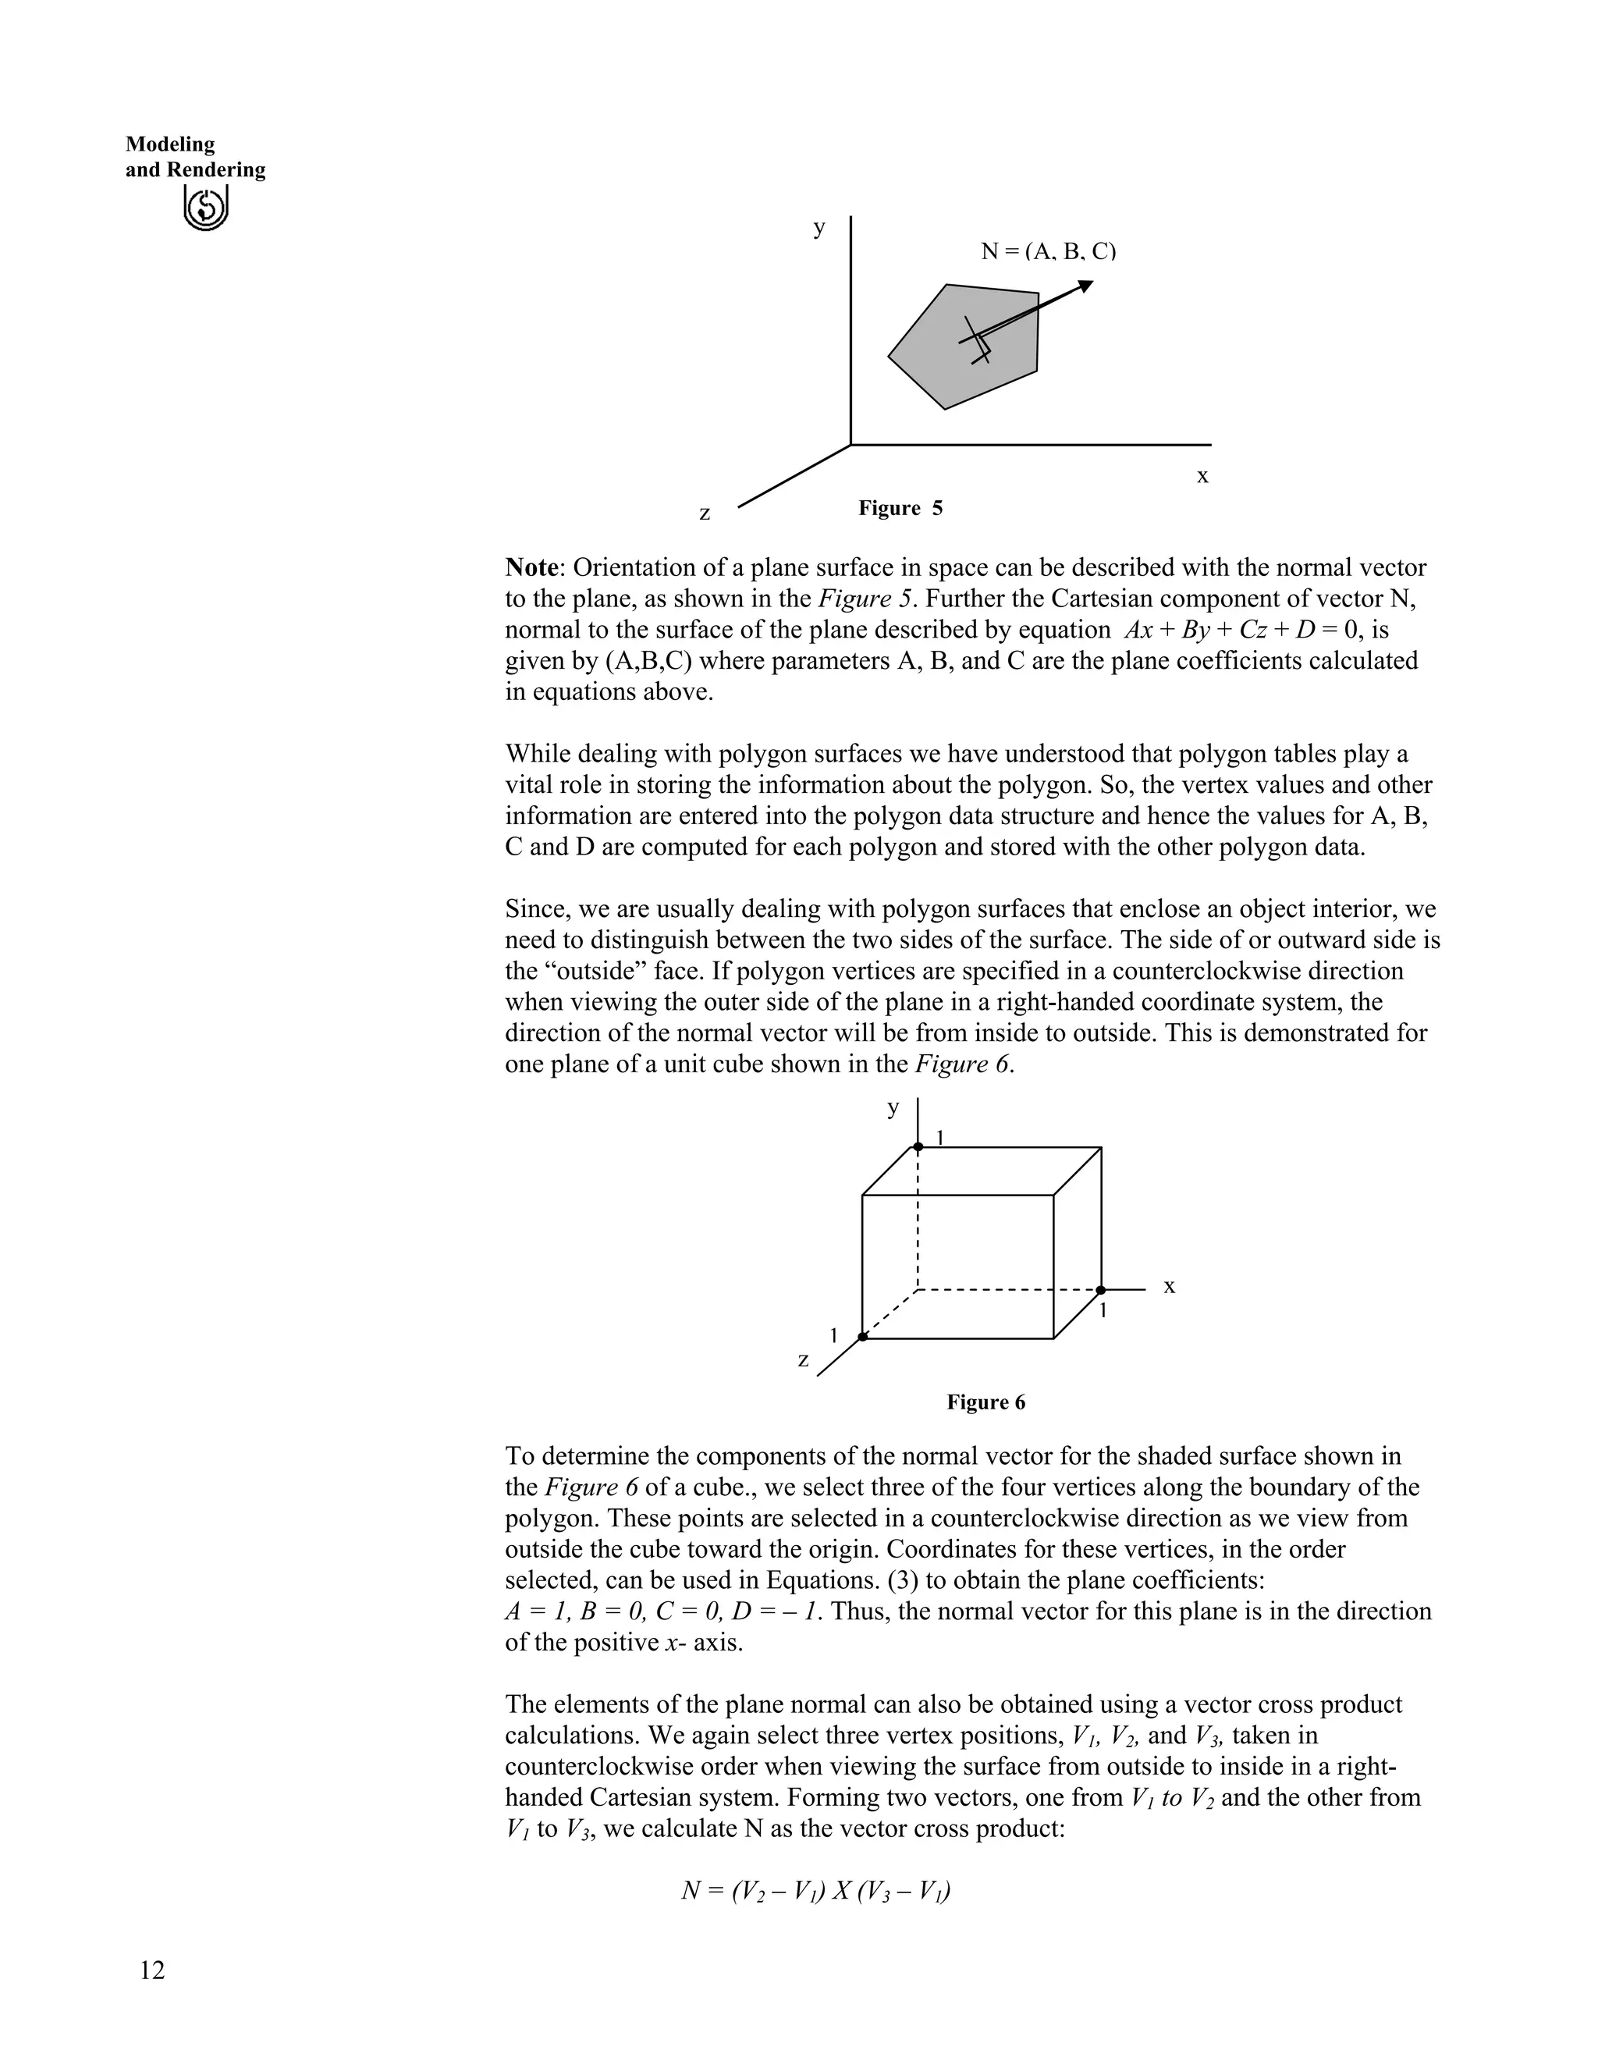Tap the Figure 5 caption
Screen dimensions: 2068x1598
(x=900, y=509)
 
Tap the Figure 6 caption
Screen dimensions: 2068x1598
(x=985, y=1402)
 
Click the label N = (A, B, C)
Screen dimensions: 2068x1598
(x=1048, y=252)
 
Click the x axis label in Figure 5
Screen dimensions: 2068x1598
(x=1202, y=476)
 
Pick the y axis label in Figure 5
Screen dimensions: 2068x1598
(x=819, y=227)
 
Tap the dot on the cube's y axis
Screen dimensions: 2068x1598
(x=918, y=1146)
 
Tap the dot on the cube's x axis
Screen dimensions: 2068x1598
(x=1101, y=1290)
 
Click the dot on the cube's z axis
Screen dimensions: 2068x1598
(x=862, y=1337)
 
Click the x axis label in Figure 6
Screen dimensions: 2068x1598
(x=1169, y=1286)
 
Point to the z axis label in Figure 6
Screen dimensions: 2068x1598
(x=803, y=1359)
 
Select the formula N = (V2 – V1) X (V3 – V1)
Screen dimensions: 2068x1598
(x=816, y=1891)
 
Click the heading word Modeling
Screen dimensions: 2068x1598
(x=170, y=145)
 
